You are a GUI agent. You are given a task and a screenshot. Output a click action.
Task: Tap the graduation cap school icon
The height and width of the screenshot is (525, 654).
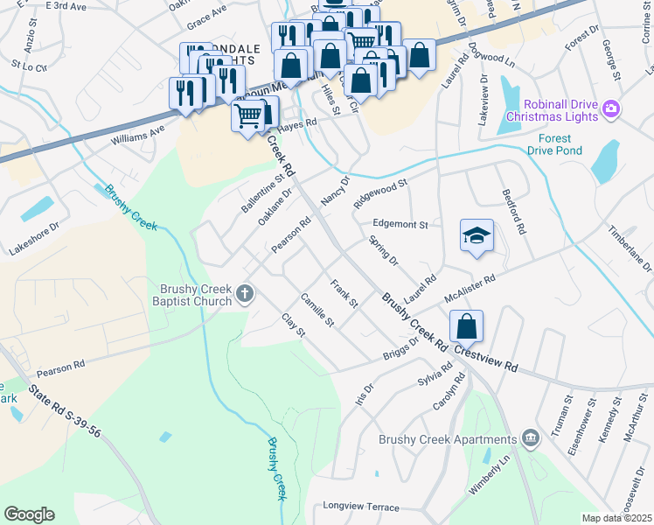(477, 236)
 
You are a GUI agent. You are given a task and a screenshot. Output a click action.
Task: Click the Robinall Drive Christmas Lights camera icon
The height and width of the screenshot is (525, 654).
(610, 109)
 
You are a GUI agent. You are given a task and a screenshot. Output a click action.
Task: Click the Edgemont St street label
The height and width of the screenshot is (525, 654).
(400, 224)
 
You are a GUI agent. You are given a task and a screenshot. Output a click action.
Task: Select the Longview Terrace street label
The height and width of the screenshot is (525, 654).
(360, 506)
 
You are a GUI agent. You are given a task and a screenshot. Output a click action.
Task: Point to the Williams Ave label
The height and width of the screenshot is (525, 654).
(137, 135)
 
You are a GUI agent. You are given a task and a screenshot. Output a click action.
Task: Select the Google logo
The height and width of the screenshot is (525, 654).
(29, 514)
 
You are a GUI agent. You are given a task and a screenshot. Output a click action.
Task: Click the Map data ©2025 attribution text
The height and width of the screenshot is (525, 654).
(616, 518)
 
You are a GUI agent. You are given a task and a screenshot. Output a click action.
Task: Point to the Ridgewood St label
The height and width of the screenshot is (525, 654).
(381, 193)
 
